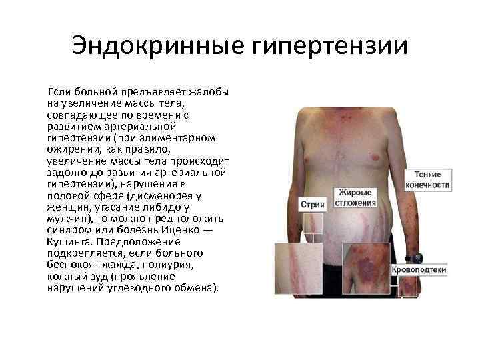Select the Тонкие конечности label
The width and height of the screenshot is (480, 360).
coord(428,178)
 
